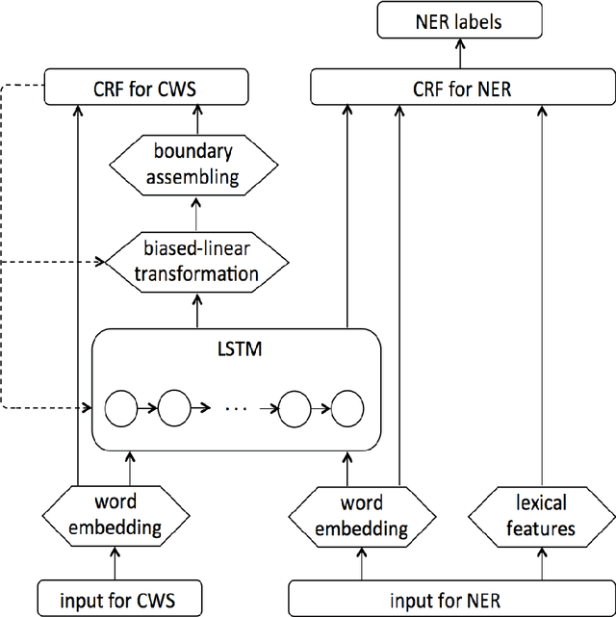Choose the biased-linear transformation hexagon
[196, 261]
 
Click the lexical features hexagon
[540, 515]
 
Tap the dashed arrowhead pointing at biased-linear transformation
[100, 261]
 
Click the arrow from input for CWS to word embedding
[115, 562]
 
